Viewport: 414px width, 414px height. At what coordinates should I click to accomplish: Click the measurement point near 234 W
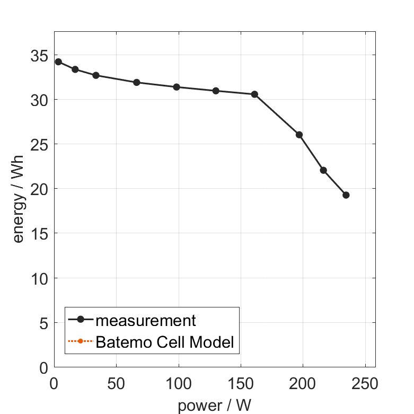(x=346, y=195)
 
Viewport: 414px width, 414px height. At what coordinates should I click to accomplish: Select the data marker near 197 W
(x=299, y=135)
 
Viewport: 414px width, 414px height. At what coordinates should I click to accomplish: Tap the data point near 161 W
(x=254, y=94)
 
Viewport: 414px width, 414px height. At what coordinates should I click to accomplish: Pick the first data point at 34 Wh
(x=58, y=61)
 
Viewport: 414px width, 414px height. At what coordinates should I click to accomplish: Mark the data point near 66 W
(x=136, y=82)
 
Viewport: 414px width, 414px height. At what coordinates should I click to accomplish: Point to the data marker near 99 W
(x=177, y=87)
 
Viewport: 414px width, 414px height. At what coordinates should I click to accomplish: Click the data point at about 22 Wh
(x=323, y=170)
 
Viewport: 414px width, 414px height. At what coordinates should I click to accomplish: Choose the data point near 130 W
(x=216, y=91)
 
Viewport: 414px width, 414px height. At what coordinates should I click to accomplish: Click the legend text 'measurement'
(x=146, y=321)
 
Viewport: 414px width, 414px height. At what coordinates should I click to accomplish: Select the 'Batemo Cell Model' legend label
(x=165, y=342)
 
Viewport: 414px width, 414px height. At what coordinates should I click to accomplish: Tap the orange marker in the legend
(x=81, y=341)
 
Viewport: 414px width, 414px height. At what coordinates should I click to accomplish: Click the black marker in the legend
(x=81, y=319)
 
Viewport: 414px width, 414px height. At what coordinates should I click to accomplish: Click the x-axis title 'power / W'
(x=214, y=406)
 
